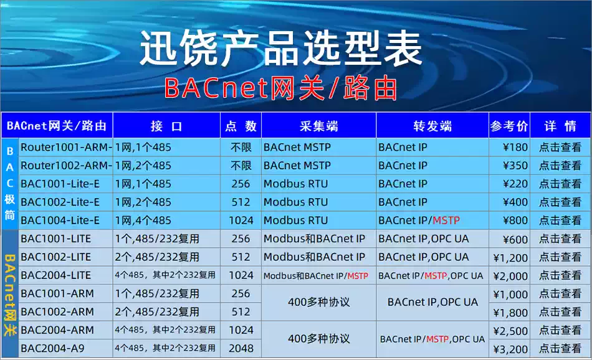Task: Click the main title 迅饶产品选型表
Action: pyautogui.click(x=281, y=49)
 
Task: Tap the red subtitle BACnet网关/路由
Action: pyautogui.click(x=281, y=89)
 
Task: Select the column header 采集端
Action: pyautogui.click(x=318, y=126)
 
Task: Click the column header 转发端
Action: pyautogui.click(x=432, y=126)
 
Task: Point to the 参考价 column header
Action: pyautogui.click(x=509, y=126)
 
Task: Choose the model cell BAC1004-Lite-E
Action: pyautogui.click(x=60, y=220)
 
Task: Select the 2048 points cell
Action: pyautogui.click(x=241, y=349)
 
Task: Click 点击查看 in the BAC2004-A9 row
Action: pyautogui.click(x=560, y=349)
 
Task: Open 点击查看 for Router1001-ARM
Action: pyautogui.click(x=560, y=148)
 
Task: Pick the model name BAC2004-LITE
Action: pyautogui.click(x=55, y=275)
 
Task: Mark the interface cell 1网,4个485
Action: pyautogui.click(x=143, y=220)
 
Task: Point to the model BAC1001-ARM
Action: pyautogui.click(x=57, y=293)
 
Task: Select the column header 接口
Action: pyautogui.click(x=166, y=126)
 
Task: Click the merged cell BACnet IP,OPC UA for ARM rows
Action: pyautogui.click(x=432, y=302)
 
